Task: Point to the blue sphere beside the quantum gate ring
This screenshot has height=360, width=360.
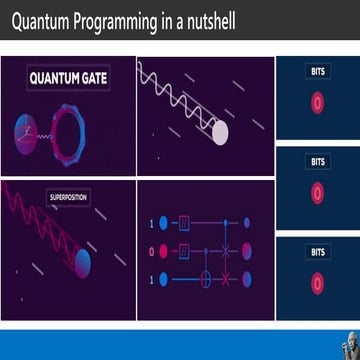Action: [24, 128]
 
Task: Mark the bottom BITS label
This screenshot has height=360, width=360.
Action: [317, 252]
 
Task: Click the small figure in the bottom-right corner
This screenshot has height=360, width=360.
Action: [350, 344]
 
